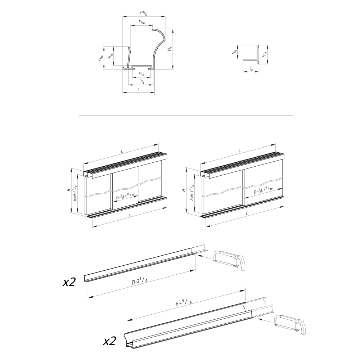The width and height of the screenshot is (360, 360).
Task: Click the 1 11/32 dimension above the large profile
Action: (x=144, y=14)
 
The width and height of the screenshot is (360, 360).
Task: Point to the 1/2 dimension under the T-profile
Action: (x=251, y=68)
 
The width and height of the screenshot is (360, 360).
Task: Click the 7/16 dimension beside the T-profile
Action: (x=235, y=53)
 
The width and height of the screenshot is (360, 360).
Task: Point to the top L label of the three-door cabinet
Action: (x=122, y=152)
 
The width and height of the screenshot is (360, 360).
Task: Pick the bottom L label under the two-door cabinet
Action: (x=247, y=214)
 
